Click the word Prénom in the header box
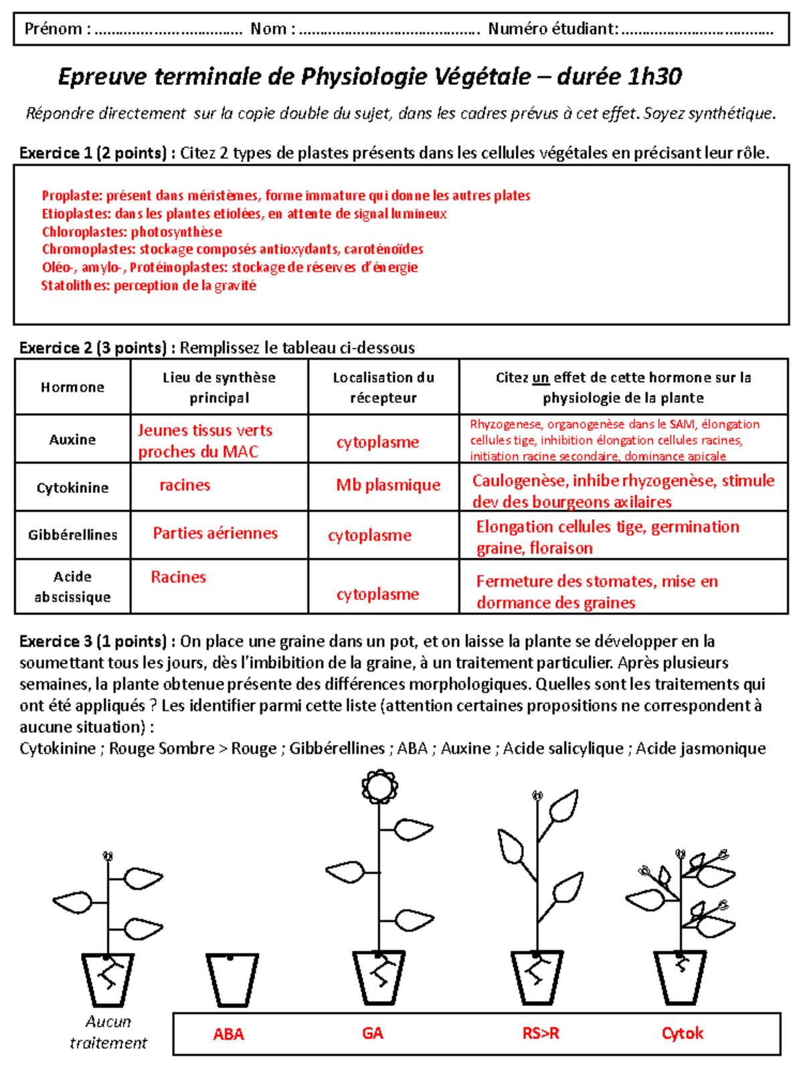point(53,29)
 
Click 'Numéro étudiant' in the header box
point(553,29)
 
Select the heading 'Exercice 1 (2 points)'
point(93,153)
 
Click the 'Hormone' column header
point(72,387)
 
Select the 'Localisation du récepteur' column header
point(383,387)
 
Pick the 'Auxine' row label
point(72,439)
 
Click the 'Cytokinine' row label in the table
point(72,487)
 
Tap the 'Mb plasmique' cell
point(388,485)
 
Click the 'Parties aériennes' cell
point(215,533)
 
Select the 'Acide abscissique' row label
point(72,586)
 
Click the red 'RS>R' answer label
point(541,1034)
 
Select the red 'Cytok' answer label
point(682,1034)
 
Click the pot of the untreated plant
point(108,979)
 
